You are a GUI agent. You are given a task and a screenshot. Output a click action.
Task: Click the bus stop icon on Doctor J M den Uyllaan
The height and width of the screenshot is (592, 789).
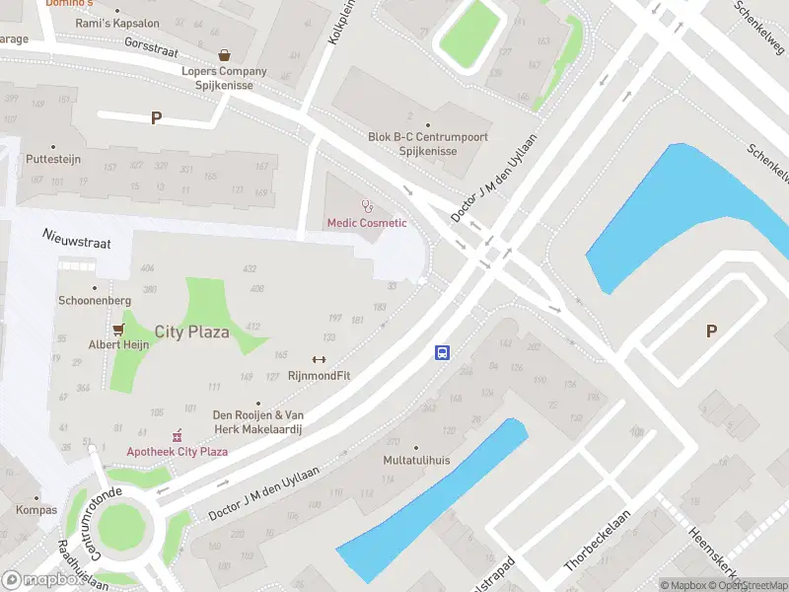[443, 352]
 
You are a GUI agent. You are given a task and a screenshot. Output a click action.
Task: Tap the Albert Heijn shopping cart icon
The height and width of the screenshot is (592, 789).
[119, 329]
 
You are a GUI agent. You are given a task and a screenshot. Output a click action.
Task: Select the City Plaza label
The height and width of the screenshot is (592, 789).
[191, 332]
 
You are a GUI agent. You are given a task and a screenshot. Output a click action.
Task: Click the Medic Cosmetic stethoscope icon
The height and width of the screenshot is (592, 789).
[368, 206]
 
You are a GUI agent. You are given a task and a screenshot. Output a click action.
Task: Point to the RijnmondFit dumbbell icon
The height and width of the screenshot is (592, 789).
[319, 359]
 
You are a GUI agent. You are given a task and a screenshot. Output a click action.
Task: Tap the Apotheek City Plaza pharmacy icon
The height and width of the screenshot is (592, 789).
[178, 435]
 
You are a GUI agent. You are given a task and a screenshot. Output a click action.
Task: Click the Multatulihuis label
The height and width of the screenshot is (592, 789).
[416, 461]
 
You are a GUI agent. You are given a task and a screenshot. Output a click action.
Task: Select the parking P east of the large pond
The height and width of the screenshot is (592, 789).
[711, 332]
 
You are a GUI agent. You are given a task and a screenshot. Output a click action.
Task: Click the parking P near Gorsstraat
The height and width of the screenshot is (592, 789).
[156, 118]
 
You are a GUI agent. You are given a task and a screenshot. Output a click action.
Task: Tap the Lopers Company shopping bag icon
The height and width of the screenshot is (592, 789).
[225, 55]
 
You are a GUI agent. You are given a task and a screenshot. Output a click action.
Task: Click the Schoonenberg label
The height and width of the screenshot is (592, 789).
[95, 300]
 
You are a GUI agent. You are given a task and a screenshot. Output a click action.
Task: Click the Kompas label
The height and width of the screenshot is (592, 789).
[36, 510]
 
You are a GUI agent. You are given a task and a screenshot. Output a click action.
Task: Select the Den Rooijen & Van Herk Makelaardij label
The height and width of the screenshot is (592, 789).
[258, 422]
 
